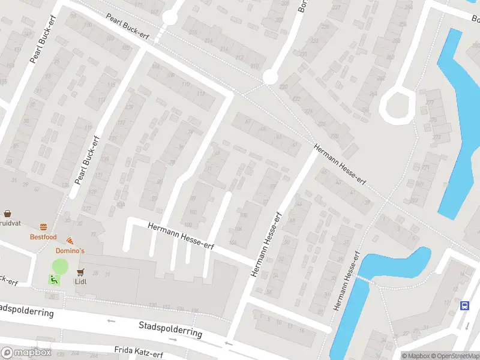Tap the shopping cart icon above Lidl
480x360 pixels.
[80, 272]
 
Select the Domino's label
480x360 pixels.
[70, 250]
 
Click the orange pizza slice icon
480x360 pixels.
[70, 240]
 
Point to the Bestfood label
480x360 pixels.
[43, 237]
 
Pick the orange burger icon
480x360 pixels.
[43, 227]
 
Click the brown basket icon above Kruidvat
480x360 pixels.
[8, 213]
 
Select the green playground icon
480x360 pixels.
[53, 279]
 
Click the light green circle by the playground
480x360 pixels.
[60, 267]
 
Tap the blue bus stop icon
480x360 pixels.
[464, 305]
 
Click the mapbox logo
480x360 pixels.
[26, 353]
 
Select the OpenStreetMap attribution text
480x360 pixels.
[455, 355]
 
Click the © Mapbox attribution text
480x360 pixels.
[416, 355]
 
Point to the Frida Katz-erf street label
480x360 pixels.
[139, 352]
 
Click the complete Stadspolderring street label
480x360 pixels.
[170, 329]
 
